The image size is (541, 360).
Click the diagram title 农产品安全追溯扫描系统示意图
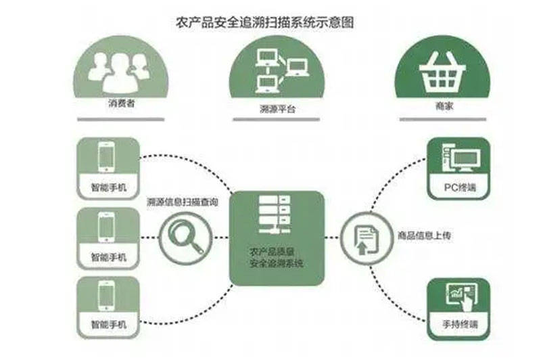270,22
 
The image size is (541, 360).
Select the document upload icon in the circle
364,238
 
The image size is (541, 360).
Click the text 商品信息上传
423,236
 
